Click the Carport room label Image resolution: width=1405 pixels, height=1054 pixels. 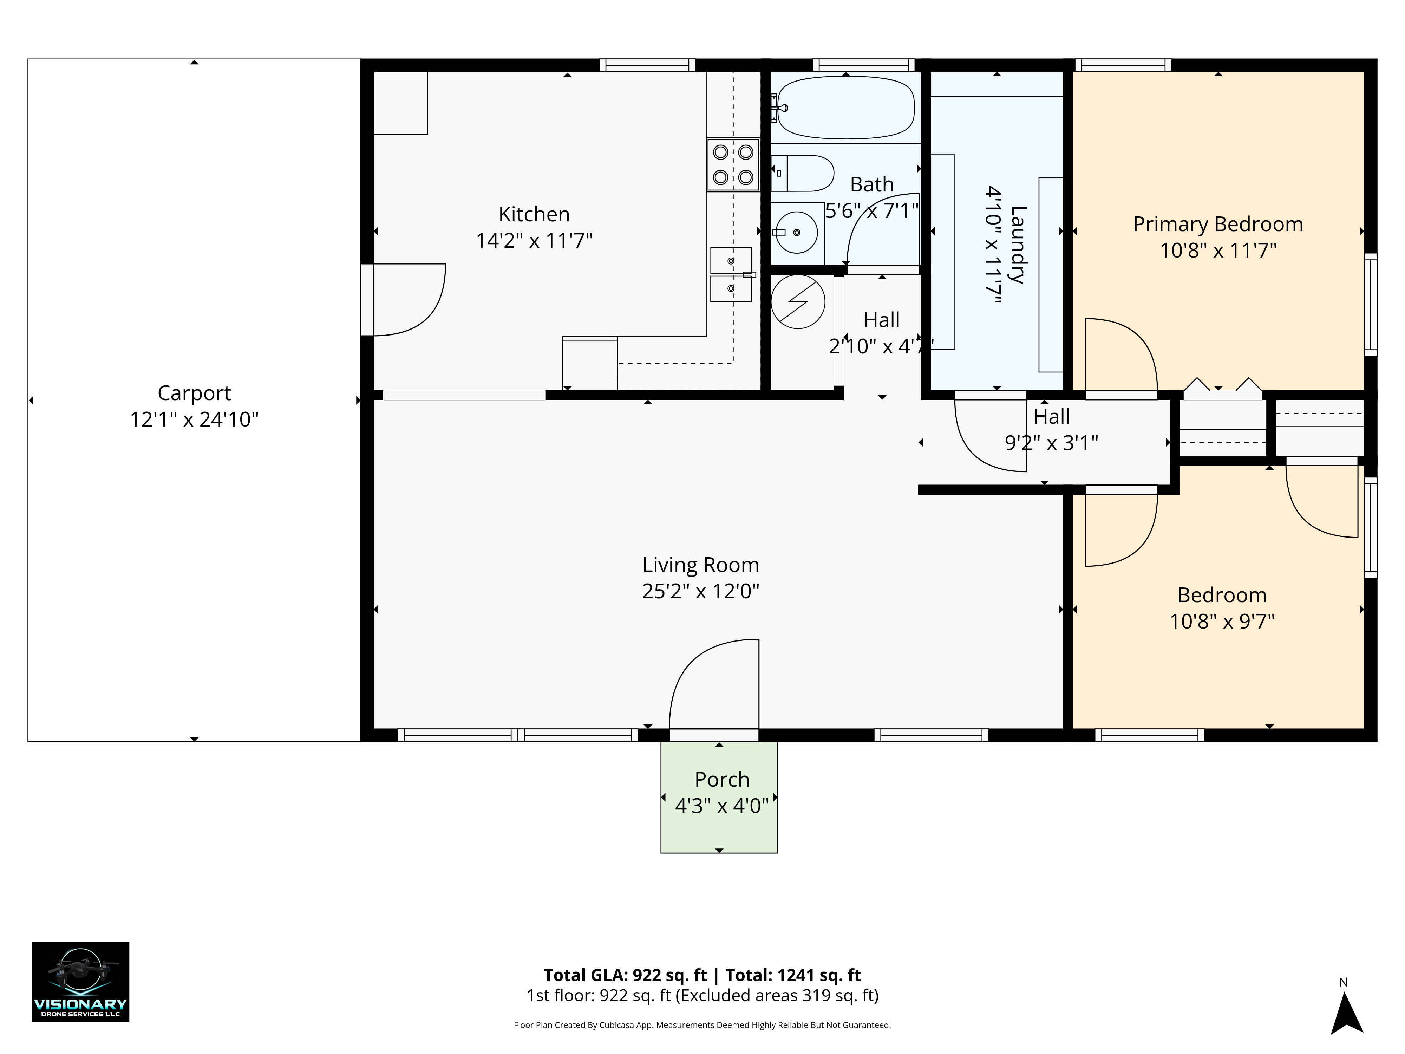tap(194, 393)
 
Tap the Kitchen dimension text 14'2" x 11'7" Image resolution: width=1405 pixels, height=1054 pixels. tap(534, 241)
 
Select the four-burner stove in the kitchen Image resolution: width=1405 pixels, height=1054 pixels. tap(733, 164)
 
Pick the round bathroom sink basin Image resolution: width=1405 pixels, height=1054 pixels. tap(797, 233)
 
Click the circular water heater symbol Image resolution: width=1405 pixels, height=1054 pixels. tap(798, 302)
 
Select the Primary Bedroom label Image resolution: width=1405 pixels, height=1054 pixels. tap(1218, 224)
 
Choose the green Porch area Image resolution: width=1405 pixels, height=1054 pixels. tap(719, 797)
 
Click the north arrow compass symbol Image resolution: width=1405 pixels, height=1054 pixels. tap(1347, 1013)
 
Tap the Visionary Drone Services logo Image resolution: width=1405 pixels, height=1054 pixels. tap(81, 982)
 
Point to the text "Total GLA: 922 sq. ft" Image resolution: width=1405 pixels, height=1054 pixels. tap(625, 975)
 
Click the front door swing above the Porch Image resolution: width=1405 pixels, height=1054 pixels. tap(714, 684)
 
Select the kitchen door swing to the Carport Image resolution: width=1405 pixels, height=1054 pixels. tap(410, 299)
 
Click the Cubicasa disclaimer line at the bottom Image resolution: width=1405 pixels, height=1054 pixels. tap(702, 1025)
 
